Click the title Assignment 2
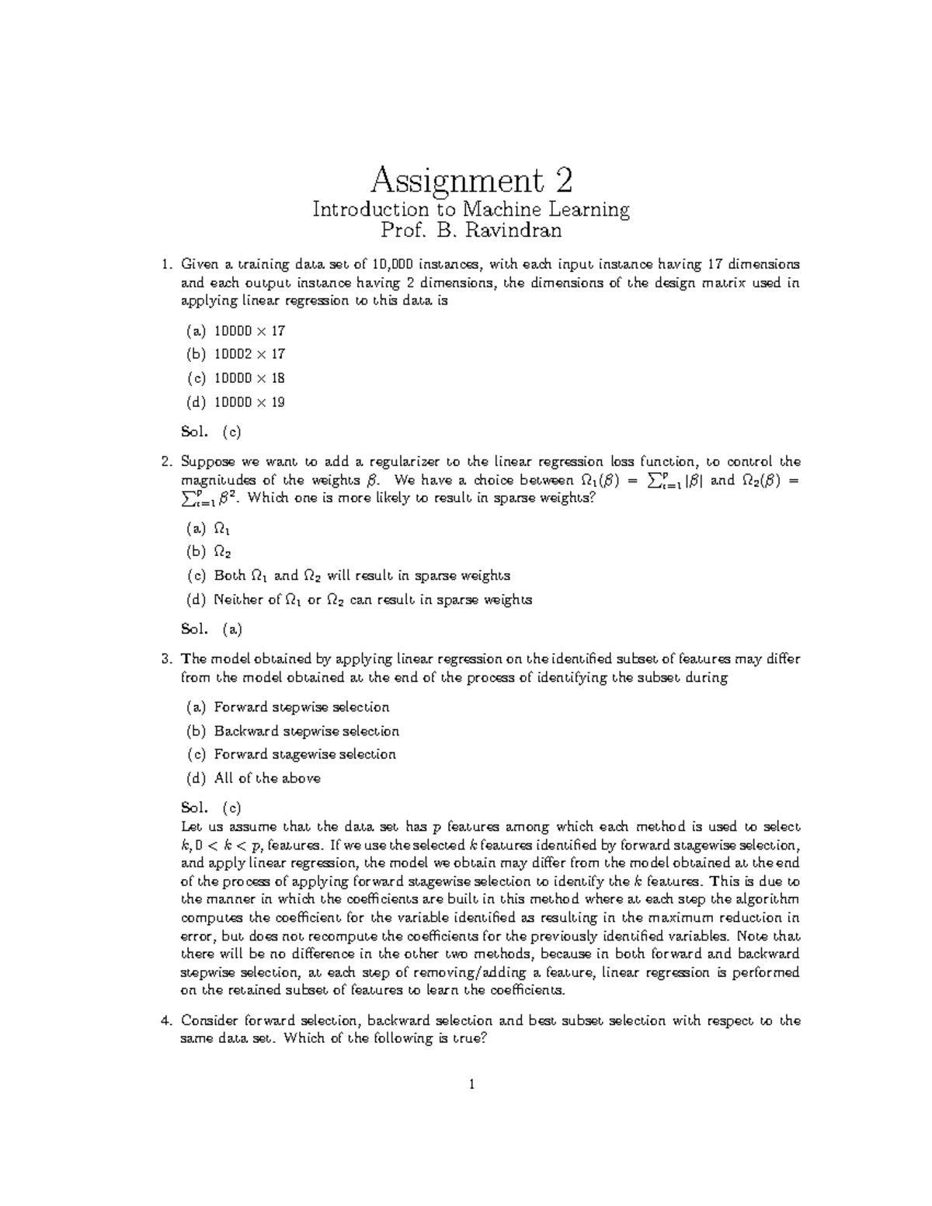pos(471,181)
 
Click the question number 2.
pos(165,462)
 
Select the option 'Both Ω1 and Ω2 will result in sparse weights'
pos(361,576)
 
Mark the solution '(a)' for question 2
pos(232,629)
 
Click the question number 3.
pos(165,659)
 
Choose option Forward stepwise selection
pos(301,707)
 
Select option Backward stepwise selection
pos(306,732)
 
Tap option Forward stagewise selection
pos(304,755)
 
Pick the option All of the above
pos(267,778)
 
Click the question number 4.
pos(165,1021)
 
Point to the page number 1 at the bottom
pos(471,1084)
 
